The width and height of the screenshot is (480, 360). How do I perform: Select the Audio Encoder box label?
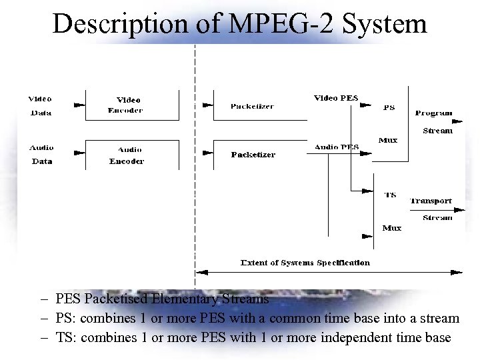127,155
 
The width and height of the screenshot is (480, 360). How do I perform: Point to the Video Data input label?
41,105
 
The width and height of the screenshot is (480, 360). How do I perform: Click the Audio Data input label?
41,154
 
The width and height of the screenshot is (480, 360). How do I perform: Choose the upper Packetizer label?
252,107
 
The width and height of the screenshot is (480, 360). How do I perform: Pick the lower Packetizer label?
253,155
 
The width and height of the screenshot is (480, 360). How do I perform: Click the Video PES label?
336,99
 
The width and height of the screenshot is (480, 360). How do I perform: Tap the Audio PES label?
337,147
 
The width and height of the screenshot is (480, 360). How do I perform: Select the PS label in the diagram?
389,107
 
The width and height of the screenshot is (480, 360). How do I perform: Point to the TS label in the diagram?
390,195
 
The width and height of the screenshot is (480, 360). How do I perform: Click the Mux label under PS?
388,140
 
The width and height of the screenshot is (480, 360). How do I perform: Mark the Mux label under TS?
391,228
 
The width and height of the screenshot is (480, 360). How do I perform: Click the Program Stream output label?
435,121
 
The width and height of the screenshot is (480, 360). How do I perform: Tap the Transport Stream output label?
432,209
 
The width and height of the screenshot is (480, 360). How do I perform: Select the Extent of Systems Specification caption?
305,263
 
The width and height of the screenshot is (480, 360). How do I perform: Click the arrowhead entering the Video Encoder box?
79,105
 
